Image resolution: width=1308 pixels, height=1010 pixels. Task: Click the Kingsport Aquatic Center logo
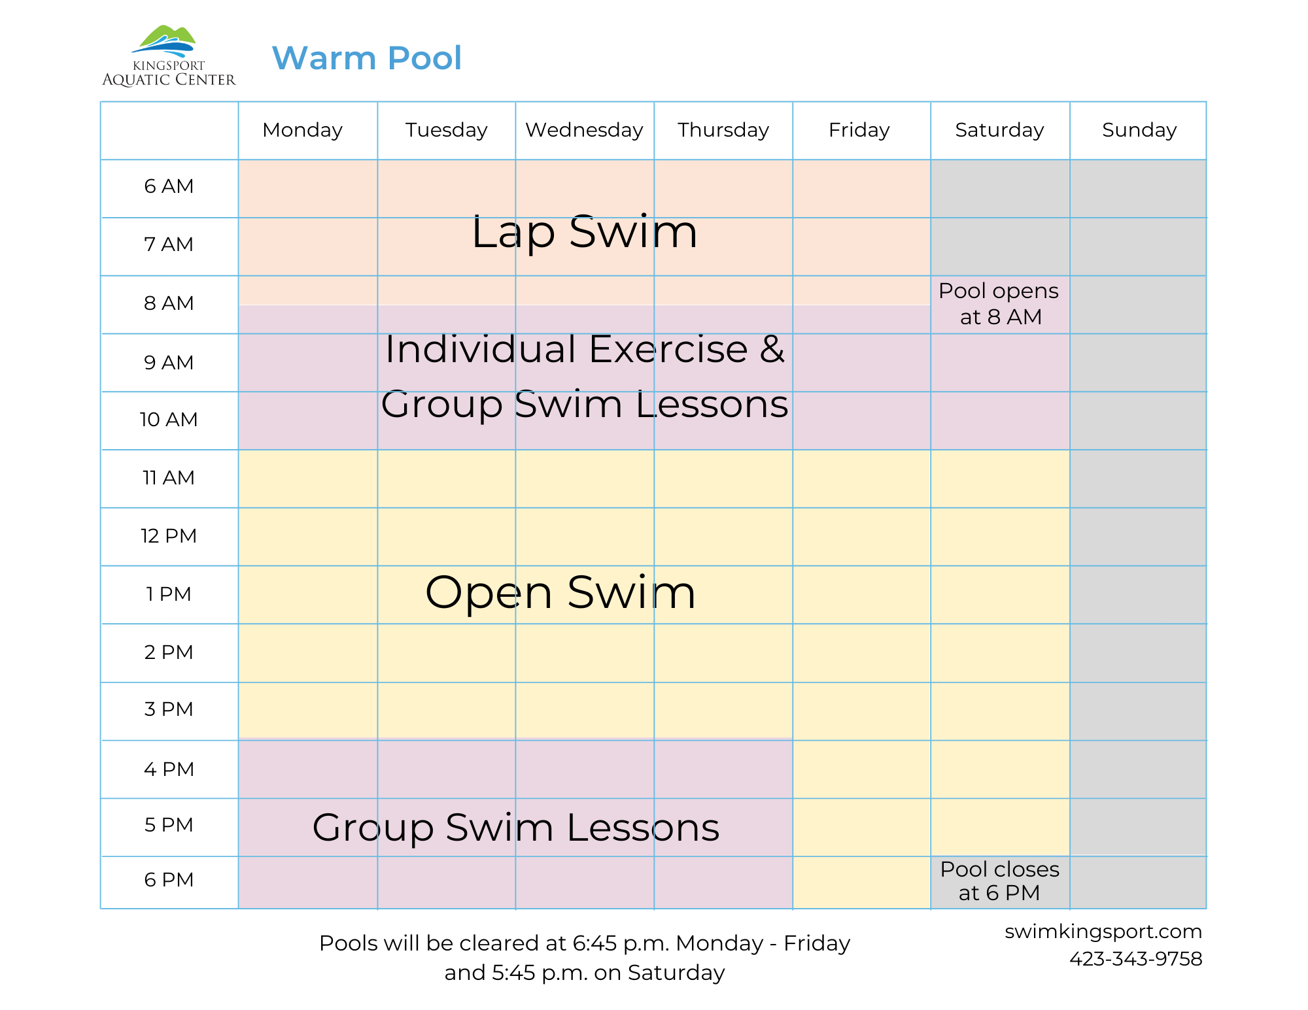(168, 56)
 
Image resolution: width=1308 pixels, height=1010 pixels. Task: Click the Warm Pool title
(366, 58)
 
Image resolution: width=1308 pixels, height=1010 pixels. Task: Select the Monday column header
(302, 130)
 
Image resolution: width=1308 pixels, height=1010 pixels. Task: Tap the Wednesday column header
(584, 130)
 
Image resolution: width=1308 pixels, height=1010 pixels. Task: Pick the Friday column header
(859, 130)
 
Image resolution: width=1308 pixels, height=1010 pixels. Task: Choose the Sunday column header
(1139, 130)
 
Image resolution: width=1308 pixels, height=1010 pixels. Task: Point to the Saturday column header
(999, 130)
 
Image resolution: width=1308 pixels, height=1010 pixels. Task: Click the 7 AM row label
(169, 244)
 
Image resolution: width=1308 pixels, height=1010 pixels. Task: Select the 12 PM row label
(169, 536)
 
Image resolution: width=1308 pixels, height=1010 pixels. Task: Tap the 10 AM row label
(169, 420)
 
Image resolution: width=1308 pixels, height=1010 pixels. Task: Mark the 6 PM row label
(169, 880)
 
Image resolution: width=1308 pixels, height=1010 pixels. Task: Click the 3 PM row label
(169, 709)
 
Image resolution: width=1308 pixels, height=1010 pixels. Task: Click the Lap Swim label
(584, 232)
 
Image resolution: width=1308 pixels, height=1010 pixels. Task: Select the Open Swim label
(560, 593)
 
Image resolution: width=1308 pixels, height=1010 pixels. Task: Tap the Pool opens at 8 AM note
(999, 304)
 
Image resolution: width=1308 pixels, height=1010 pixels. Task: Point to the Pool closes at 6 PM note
(999, 881)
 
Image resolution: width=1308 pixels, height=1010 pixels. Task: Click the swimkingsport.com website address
(1103, 932)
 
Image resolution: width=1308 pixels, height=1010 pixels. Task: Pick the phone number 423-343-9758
(1135, 959)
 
